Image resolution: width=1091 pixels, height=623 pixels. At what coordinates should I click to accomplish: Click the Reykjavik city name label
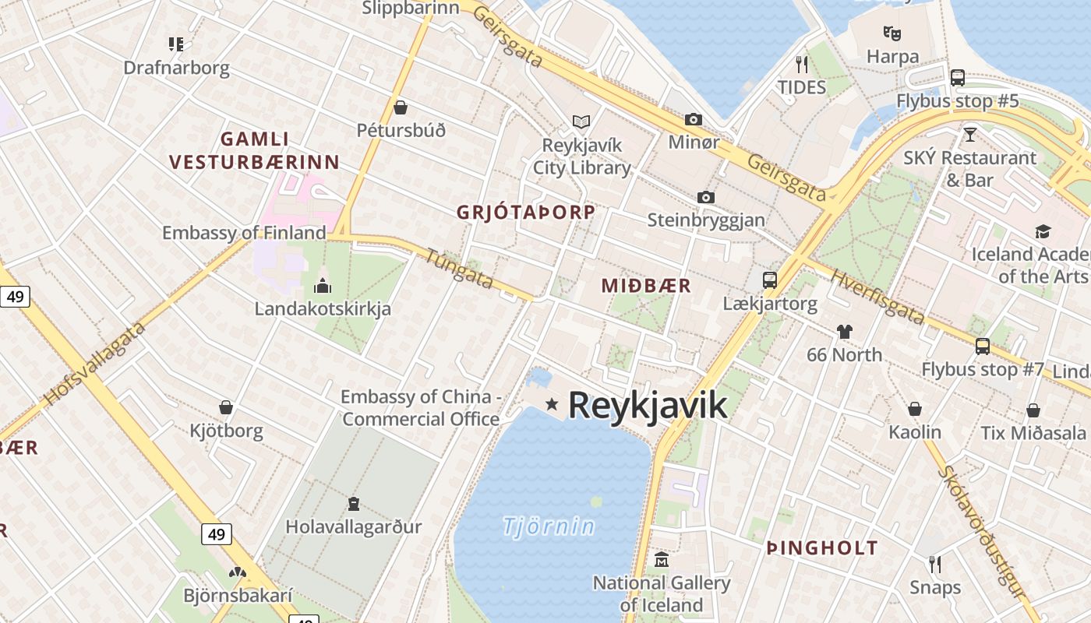tap(647, 405)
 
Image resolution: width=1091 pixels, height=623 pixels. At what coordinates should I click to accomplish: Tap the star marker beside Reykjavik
tap(552, 403)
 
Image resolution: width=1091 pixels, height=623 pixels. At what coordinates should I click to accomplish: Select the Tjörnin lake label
tap(549, 526)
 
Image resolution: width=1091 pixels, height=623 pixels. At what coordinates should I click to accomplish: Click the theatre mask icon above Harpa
tap(892, 33)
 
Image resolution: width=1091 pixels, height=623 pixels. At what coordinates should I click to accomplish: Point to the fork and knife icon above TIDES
tap(801, 63)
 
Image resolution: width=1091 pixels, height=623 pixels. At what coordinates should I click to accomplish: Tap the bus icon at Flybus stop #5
tap(957, 77)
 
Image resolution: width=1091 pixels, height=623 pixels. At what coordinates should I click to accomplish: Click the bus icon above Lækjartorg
tap(769, 280)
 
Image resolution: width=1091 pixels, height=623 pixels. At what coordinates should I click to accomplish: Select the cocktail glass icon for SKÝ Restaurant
tap(969, 134)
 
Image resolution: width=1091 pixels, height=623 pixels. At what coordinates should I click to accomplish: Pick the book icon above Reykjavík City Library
tap(581, 121)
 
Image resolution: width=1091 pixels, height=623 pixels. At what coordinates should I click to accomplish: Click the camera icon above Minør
tap(693, 119)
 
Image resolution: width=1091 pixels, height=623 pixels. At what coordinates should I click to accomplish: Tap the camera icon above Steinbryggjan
tap(706, 197)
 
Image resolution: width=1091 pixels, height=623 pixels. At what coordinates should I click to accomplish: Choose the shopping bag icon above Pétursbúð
tap(401, 107)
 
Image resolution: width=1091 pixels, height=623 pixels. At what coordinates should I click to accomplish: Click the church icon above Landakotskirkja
tap(322, 286)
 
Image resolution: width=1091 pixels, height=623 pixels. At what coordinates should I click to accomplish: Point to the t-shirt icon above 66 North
tap(844, 332)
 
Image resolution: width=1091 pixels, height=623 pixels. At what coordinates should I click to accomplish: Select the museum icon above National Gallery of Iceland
tap(662, 559)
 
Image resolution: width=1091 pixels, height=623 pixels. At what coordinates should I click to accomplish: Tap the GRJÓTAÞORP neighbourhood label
tap(526, 212)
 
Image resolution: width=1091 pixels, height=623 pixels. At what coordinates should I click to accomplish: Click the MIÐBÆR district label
tap(646, 286)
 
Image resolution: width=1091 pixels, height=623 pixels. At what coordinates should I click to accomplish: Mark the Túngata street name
tap(460, 268)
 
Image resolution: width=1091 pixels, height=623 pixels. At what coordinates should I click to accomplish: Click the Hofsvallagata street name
tap(95, 364)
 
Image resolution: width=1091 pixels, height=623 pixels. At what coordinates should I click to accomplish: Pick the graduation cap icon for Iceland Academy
tap(1042, 231)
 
